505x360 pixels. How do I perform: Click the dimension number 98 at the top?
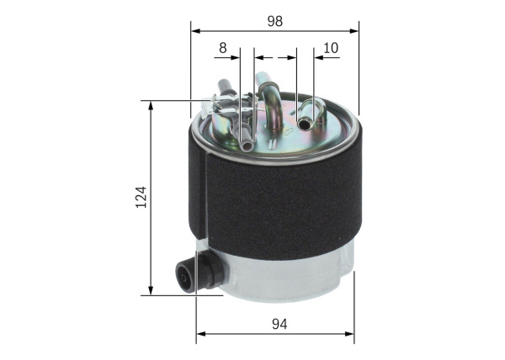(274, 20)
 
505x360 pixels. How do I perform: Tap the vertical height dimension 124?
(141, 198)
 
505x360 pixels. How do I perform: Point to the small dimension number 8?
(223, 48)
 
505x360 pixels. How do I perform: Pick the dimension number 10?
(331, 48)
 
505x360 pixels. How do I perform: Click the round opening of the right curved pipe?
(305, 125)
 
